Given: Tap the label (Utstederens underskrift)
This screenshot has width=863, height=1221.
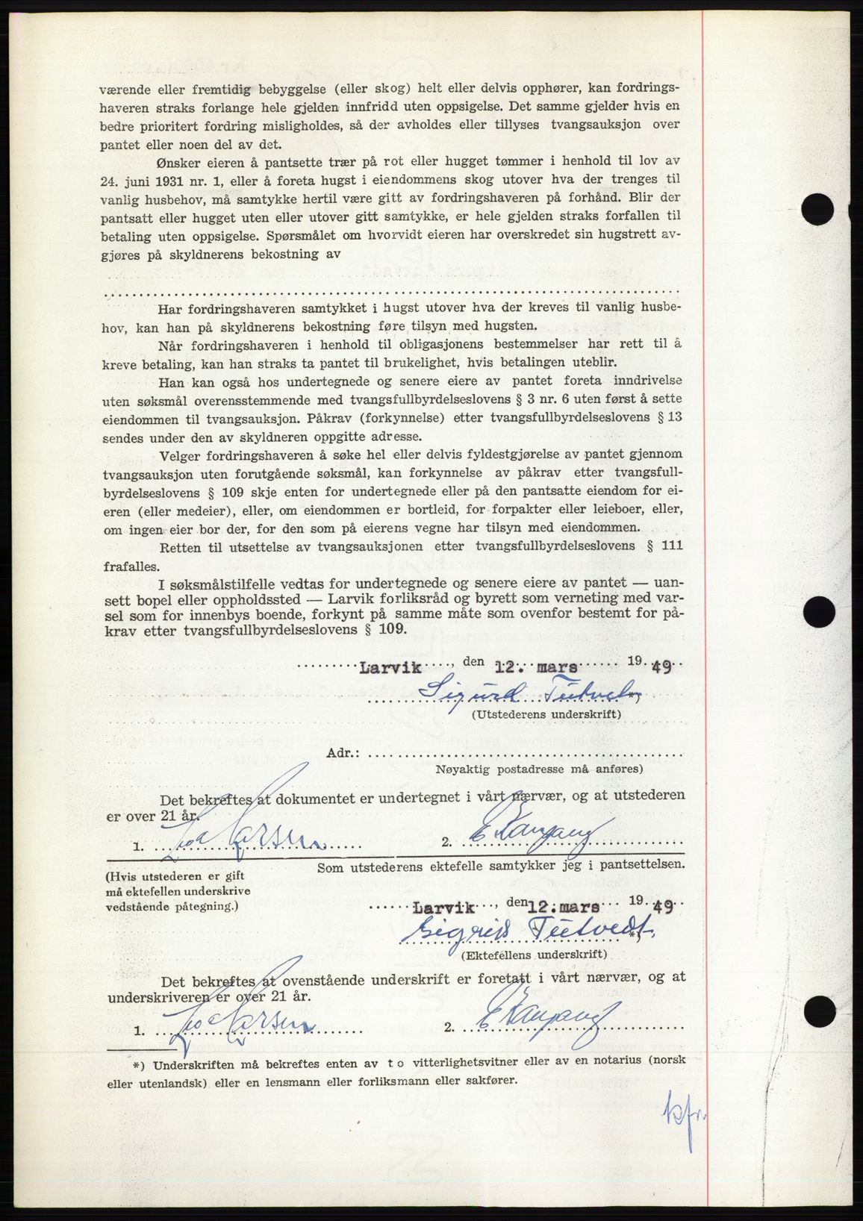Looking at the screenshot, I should click(x=545, y=714).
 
